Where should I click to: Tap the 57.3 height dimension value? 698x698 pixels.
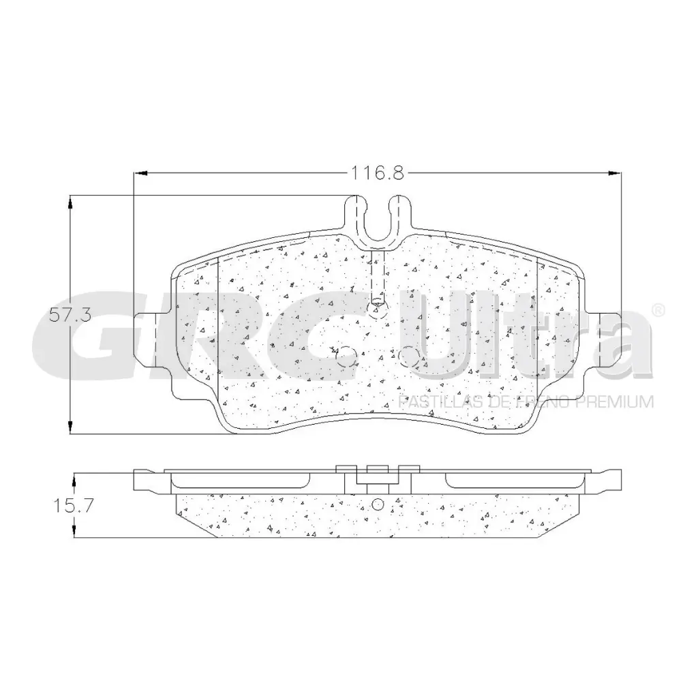(70, 315)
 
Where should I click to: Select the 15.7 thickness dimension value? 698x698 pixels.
(71, 506)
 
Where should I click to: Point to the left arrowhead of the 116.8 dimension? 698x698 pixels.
(138, 173)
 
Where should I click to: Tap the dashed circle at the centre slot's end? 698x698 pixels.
(376, 309)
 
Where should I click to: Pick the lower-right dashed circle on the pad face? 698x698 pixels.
(408, 355)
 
